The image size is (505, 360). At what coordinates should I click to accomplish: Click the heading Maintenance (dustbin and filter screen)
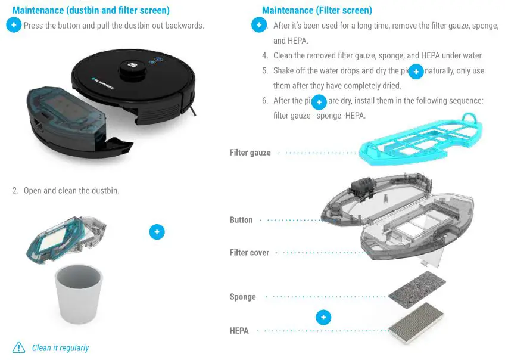coord(91,10)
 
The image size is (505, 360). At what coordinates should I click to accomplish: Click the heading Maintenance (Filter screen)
coord(317,10)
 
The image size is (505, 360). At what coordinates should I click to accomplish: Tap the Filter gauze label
coord(250,153)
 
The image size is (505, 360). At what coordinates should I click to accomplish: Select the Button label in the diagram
coord(241,220)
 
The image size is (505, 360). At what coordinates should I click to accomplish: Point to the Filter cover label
coord(250,253)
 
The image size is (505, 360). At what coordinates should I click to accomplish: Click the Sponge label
coord(242,297)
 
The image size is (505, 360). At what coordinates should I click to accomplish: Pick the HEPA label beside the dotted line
coord(239,330)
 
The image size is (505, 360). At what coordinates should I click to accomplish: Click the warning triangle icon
coord(19,347)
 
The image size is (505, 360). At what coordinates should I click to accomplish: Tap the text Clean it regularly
coord(60,348)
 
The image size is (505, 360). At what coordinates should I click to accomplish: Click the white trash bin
coord(79,294)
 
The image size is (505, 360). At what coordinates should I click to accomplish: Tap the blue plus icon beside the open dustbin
coord(157,232)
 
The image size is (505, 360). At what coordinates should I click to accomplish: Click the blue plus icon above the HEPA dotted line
coord(323,318)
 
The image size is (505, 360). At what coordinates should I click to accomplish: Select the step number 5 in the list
coord(265,71)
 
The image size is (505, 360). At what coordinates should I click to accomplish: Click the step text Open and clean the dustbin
coord(71,191)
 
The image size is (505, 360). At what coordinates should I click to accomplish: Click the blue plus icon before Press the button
coord(14,25)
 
